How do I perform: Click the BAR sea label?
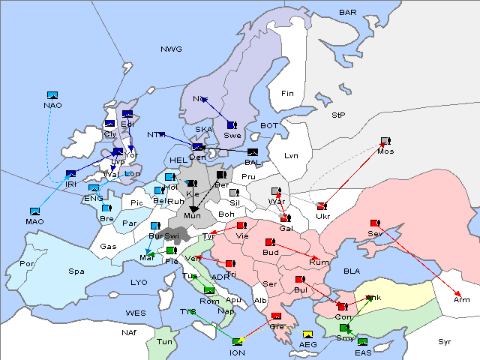pyautogui.click(x=347, y=13)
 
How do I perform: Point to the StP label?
pyautogui.click(x=338, y=115)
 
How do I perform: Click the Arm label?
pyautogui.click(x=462, y=300)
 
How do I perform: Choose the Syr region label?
pyautogui.click(x=445, y=341)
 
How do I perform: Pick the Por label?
pyautogui.click(x=27, y=264)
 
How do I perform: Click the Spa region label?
pyautogui.click(x=76, y=271)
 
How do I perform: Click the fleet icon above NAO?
pyautogui.click(x=52, y=95)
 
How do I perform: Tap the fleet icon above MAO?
pyautogui.click(x=34, y=212)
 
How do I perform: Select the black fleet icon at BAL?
pyautogui.click(x=253, y=152)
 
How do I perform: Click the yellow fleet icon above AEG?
pyautogui.click(x=308, y=334)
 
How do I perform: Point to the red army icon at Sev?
pyautogui.click(x=375, y=223)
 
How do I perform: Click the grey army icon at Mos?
pyautogui.click(x=385, y=141)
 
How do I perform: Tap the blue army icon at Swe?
pyautogui.click(x=232, y=125)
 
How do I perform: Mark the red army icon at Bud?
pyautogui.click(x=270, y=242)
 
